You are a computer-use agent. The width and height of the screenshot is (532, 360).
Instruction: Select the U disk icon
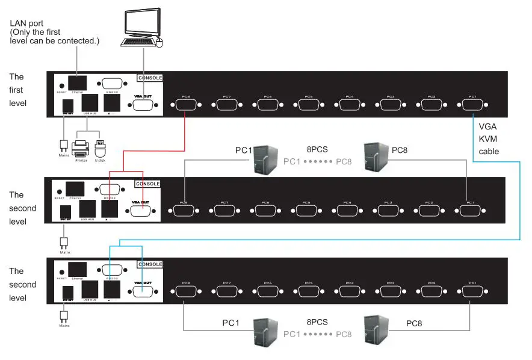coord(101,147)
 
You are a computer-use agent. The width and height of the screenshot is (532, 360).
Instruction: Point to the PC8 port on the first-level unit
coord(185,105)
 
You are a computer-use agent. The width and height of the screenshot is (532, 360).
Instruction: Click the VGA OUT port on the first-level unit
coord(143,105)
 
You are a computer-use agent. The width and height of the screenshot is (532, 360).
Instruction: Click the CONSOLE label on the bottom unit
coord(150,264)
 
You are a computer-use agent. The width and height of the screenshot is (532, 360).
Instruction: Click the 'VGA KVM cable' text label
coord(489,139)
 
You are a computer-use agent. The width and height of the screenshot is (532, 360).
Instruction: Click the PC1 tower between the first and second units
coord(265,159)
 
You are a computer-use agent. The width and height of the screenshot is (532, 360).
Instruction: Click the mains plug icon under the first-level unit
coord(63,146)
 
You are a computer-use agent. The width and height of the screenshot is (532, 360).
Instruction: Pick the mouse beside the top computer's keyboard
coord(159,42)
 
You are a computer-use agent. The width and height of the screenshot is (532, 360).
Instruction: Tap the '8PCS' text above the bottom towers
coord(317,322)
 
